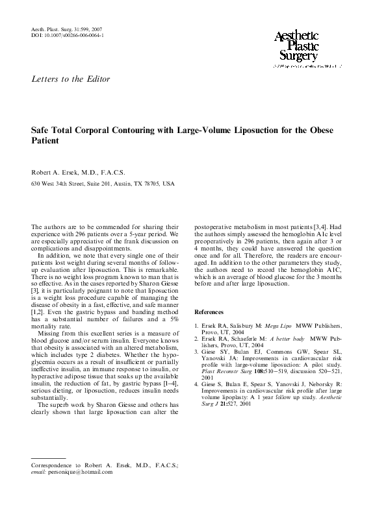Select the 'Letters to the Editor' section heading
click(71, 79)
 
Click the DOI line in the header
click(67, 36)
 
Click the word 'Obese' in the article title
click(319, 130)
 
